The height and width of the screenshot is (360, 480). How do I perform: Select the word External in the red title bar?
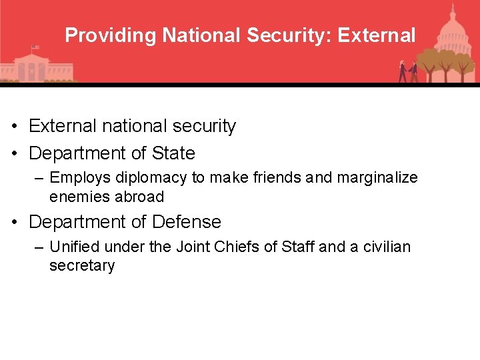pos(377,35)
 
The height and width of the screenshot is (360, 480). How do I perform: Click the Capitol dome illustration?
pos(452,33)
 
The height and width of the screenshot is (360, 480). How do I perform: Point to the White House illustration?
pos(33,67)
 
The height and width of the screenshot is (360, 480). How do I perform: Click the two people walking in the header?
pos(408,71)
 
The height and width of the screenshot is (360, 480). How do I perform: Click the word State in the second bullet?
pos(173,153)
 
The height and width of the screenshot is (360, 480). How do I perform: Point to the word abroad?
pos(139,197)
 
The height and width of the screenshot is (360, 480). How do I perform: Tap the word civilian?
pos(387,247)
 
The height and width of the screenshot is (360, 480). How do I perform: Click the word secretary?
pos(82,265)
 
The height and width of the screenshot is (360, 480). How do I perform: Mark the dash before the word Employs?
pos(39,179)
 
